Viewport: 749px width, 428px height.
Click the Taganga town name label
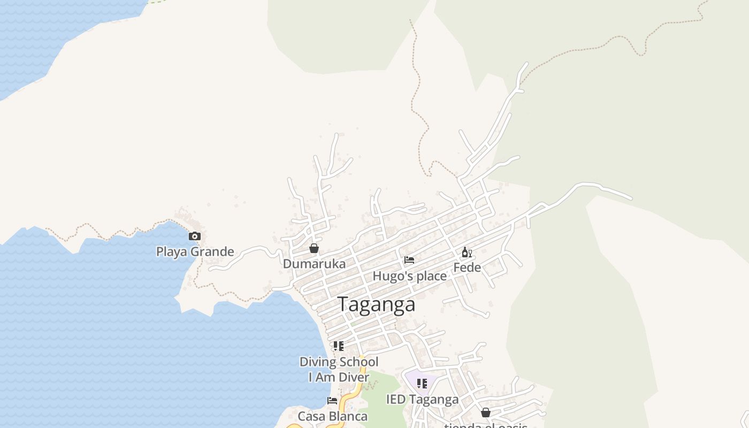tap(377, 304)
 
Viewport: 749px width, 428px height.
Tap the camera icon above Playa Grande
tap(195, 236)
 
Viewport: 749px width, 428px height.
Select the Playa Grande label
tap(195, 251)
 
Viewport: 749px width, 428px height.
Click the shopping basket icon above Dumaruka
tap(314, 248)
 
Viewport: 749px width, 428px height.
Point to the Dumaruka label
tap(314, 264)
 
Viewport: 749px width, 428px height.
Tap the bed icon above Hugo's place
tap(409, 260)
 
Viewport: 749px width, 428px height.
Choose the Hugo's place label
tap(409, 276)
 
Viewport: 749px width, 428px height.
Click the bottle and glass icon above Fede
tap(467, 253)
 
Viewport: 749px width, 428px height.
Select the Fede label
tap(467, 267)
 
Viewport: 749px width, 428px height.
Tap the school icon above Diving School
tap(338, 346)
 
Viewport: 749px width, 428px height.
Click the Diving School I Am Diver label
tap(339, 370)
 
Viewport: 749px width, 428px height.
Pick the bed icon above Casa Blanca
tap(332, 400)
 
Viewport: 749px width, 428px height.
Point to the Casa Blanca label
tap(332, 416)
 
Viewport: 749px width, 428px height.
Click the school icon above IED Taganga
tap(422, 384)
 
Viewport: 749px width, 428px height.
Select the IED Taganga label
tap(422, 400)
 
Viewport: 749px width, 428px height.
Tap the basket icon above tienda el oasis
tap(486, 412)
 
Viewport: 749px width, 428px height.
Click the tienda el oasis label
tap(486, 426)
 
